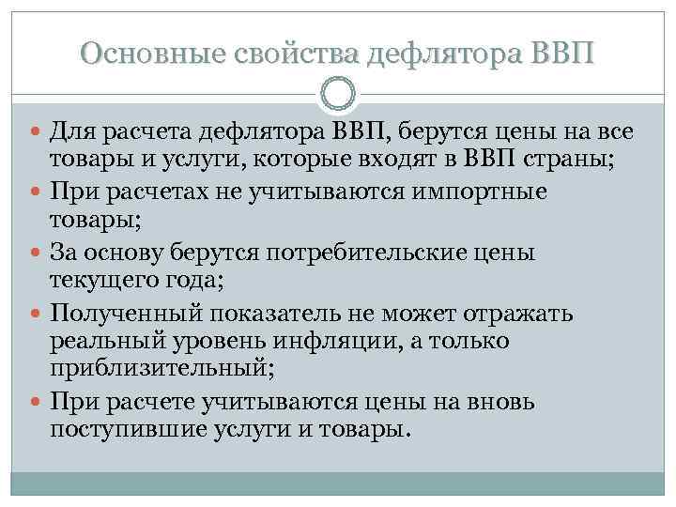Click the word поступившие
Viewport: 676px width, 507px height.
pos(118,432)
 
